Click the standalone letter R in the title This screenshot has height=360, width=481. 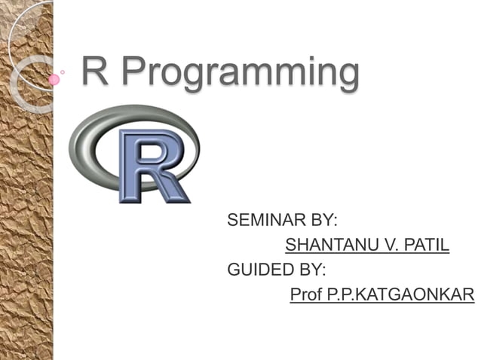(95, 72)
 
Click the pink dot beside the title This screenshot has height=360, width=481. (54, 79)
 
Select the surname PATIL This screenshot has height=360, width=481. (427, 245)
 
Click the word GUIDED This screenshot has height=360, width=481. (253, 269)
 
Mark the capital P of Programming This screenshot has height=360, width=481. (134, 72)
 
